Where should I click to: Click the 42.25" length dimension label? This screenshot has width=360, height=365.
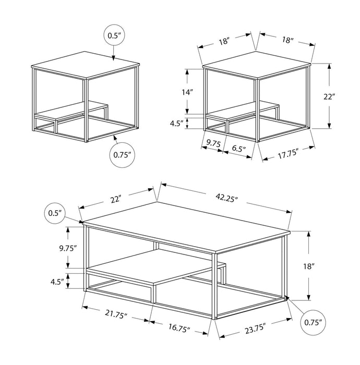click(225, 199)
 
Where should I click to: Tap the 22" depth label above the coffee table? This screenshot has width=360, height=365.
click(115, 199)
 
